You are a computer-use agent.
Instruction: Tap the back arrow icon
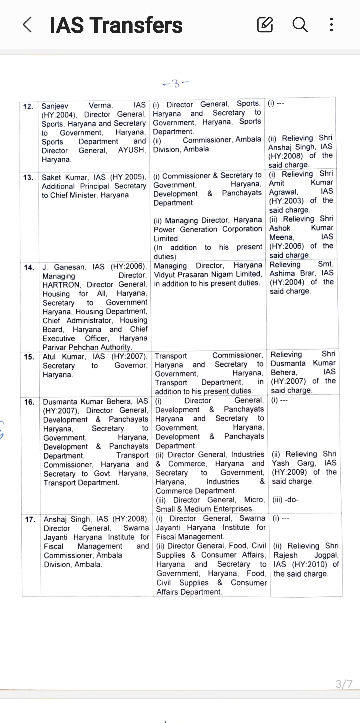click(x=28, y=25)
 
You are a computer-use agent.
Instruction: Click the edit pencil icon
click(x=265, y=25)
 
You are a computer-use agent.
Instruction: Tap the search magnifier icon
click(x=300, y=25)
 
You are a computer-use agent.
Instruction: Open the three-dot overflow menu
click(x=331, y=25)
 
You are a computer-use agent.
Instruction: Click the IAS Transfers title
click(x=116, y=25)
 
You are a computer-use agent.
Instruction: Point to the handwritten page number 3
click(x=176, y=83)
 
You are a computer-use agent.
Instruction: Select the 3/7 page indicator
click(x=344, y=684)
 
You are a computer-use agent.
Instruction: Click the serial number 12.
click(x=28, y=107)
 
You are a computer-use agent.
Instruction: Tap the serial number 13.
click(x=28, y=177)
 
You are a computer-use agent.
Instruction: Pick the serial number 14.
click(x=29, y=267)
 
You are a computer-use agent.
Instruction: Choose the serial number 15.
click(x=29, y=357)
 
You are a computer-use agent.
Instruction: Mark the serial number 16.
click(x=30, y=402)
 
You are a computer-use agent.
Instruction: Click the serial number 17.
click(x=30, y=519)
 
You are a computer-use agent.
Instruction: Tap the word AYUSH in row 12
click(x=131, y=150)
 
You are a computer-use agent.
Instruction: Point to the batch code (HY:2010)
click(x=310, y=564)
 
